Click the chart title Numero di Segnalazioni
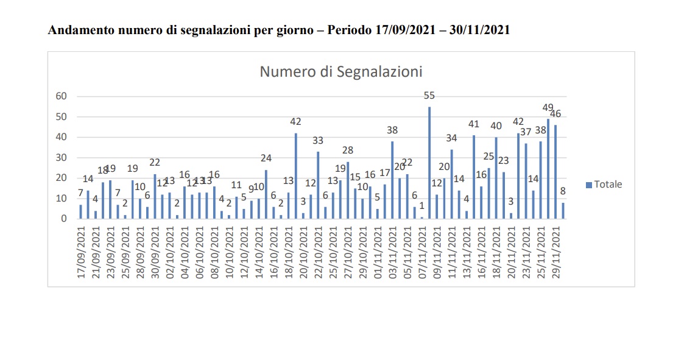tap(341, 72)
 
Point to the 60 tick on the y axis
tap(61, 96)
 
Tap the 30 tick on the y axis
tap(61, 157)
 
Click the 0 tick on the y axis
tap(63, 218)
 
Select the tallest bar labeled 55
tap(429, 163)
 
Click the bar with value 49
tap(548, 169)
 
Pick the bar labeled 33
tap(318, 185)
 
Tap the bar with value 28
tap(348, 190)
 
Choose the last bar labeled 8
tap(563, 210)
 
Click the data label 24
tap(266, 158)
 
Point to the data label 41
tap(474, 124)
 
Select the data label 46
tap(555, 114)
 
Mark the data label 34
tap(451, 138)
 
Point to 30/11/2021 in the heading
tap(479, 30)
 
